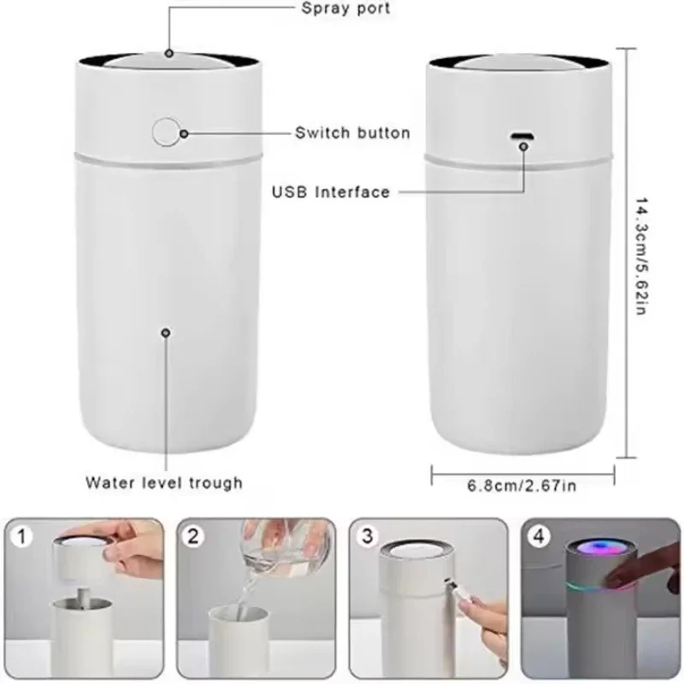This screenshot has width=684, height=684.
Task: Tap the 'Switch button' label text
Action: tap(352, 133)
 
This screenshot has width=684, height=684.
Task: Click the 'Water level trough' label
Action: tap(163, 482)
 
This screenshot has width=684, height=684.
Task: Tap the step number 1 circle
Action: tap(23, 537)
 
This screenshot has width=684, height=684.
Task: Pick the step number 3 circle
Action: tap(366, 537)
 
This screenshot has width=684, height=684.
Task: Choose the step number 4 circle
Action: tap(537, 537)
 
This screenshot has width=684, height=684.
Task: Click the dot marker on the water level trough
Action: tap(165, 333)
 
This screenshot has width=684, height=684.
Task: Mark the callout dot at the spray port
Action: tap(169, 53)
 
